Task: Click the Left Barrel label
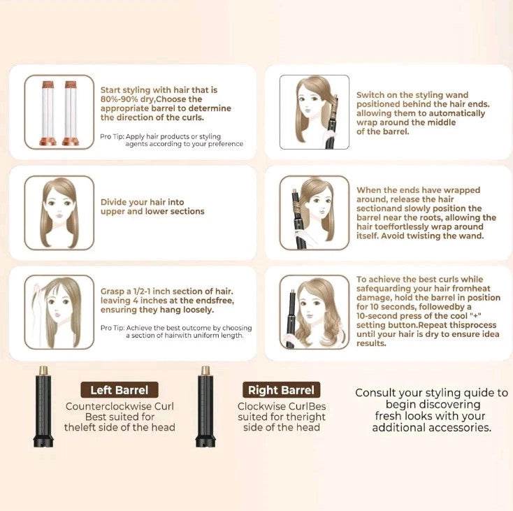[119, 390]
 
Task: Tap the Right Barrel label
[281, 390]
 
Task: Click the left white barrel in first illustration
[50, 112]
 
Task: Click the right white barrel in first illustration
[70, 112]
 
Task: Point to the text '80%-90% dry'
[128, 99]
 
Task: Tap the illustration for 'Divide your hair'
[59, 213]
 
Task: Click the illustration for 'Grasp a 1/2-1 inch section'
[59, 312]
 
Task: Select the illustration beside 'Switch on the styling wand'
[314, 112]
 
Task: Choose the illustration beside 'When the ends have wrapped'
[314, 213]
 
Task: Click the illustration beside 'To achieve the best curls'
[314, 312]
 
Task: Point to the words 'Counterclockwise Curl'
[120, 406]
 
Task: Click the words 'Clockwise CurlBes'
[282, 406]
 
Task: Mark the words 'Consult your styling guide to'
[431, 393]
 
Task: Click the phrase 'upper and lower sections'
[152, 212]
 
